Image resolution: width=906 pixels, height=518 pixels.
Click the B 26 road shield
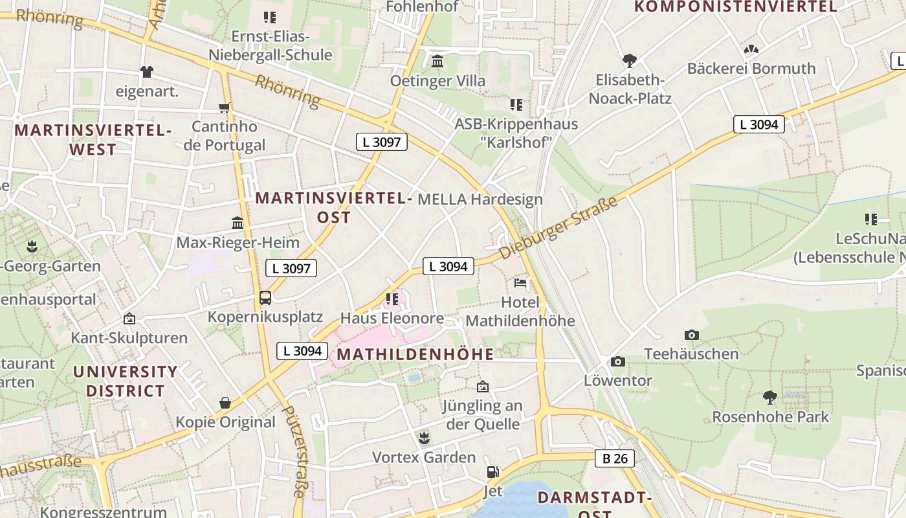click(x=615, y=459)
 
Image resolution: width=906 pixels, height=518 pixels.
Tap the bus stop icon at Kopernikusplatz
click(x=265, y=298)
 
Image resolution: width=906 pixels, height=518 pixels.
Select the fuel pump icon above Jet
click(x=493, y=473)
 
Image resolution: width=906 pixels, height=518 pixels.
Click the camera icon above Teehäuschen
click(x=692, y=335)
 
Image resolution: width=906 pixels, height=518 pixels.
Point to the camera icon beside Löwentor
click(x=618, y=361)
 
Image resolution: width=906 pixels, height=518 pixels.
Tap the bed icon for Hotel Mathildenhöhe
click(x=520, y=283)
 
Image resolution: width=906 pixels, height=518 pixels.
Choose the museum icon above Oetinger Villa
click(x=437, y=62)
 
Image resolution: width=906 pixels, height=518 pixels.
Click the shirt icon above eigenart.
click(x=147, y=71)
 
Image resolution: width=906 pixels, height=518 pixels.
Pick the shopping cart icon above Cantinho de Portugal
click(x=225, y=107)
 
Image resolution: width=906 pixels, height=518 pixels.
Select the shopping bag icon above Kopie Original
click(x=225, y=403)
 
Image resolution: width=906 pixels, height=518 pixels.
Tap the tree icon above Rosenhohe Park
click(x=770, y=397)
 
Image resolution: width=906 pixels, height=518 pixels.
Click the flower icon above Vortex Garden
click(x=424, y=438)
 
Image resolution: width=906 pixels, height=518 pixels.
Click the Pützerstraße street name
click(x=294, y=451)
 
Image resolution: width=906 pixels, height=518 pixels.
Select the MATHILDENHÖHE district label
click(x=415, y=354)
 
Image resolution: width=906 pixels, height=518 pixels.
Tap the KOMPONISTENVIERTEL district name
click(x=735, y=7)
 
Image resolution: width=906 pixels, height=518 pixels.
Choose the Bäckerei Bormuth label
click(x=751, y=68)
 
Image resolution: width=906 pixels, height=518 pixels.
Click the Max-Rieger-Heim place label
click(x=238, y=243)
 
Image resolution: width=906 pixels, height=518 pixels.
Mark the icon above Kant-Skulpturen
click(x=129, y=319)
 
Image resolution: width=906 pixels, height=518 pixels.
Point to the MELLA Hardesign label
click(x=480, y=199)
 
